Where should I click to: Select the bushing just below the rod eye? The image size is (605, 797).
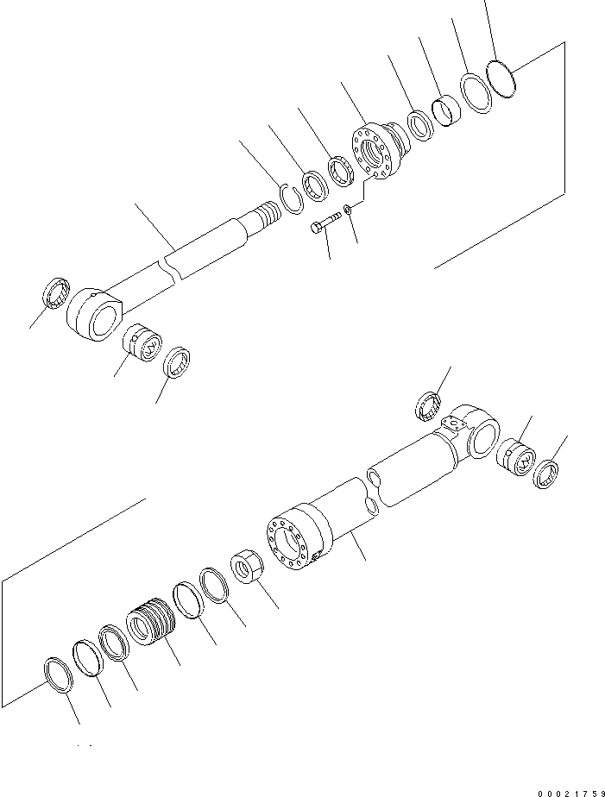pos(140,342)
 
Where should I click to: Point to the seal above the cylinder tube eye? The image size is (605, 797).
pos(429,405)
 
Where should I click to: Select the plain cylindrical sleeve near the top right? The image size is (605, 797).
pos(446,110)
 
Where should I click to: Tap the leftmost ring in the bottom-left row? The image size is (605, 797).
pos(58,674)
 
